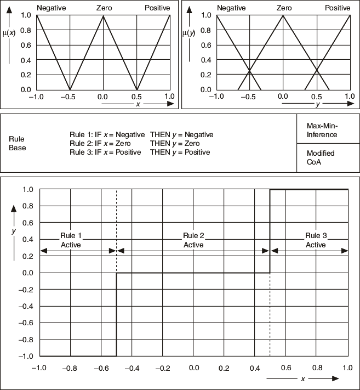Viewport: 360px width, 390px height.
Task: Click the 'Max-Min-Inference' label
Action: pyautogui.click(x=322, y=131)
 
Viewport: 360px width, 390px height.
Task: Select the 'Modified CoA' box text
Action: pyautogui.click(x=321, y=157)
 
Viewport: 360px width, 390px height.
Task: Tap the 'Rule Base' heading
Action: pyautogui.click(x=17, y=144)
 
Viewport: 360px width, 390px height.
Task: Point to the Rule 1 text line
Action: pyautogui.click(x=141, y=134)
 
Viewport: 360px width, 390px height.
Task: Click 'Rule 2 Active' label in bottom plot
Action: pyautogui.click(x=193, y=240)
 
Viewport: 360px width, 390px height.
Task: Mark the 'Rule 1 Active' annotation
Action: pyautogui.click(x=71, y=240)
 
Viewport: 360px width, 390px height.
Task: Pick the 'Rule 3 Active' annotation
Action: pyautogui.click(x=316, y=240)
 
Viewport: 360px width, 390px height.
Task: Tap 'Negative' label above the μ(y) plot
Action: pyautogui.click(x=231, y=8)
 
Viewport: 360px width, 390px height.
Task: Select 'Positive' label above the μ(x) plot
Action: pyautogui.click(x=157, y=8)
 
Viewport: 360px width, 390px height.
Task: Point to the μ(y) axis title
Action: pyautogui.click(x=189, y=33)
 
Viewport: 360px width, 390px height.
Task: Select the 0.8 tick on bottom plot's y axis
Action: pyautogui.click(x=28, y=206)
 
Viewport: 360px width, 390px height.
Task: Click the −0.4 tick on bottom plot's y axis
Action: pyautogui.click(x=26, y=306)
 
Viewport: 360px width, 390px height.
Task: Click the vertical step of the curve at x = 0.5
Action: pyautogui.click(x=270, y=230)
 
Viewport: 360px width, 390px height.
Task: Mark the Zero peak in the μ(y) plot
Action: pyautogui.click(x=283, y=15)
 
